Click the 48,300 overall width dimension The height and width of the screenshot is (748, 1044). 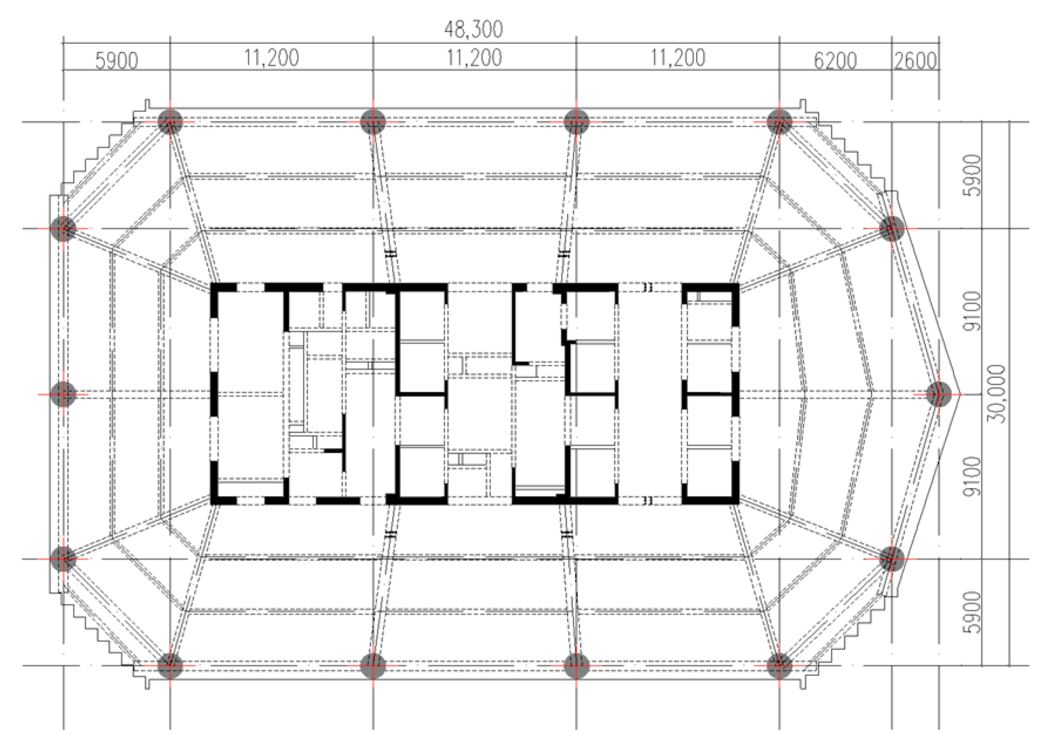click(473, 29)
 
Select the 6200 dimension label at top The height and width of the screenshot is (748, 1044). click(835, 60)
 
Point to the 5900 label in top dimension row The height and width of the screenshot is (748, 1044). click(117, 60)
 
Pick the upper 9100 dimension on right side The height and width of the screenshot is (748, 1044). click(972, 311)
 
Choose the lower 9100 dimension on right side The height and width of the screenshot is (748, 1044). click(972, 477)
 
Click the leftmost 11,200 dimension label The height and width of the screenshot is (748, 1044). click(271, 57)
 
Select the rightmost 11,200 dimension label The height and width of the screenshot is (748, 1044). click(677, 57)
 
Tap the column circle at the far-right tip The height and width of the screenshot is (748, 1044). click(938, 394)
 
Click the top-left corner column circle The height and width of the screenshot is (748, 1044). click(170, 122)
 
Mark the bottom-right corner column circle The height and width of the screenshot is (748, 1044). click(779, 666)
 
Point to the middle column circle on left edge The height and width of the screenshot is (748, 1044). click(63, 394)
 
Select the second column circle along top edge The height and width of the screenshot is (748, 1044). click(373, 122)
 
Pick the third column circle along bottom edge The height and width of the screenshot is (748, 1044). click(576, 666)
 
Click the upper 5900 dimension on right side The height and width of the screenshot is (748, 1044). click(972, 175)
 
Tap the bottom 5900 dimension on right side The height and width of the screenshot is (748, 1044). click(972, 612)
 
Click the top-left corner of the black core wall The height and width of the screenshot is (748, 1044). click(213, 286)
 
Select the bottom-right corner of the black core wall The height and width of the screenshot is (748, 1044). click(736, 501)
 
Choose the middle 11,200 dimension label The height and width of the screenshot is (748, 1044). click(474, 57)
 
